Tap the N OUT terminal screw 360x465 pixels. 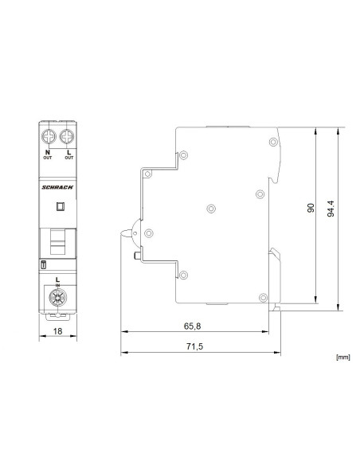(48, 135)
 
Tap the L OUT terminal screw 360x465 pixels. (68, 135)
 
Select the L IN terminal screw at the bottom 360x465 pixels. (57, 299)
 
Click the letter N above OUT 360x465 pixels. (48, 151)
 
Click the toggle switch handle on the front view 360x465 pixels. (57, 239)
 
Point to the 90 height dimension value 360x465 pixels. (311, 209)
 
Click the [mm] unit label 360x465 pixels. (343, 358)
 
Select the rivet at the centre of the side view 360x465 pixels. (211, 209)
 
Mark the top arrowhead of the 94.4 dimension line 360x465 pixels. (339, 128)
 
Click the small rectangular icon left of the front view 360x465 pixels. (43, 264)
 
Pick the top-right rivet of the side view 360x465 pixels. (259, 193)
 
